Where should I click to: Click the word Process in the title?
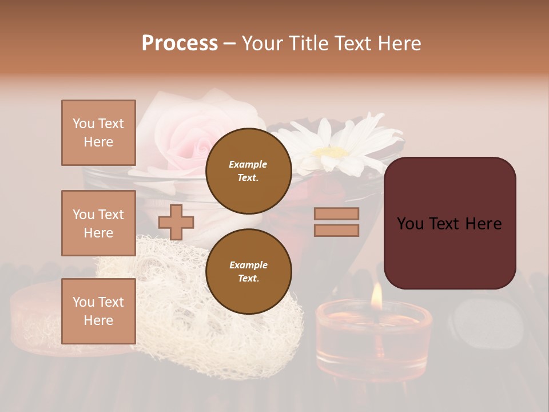(180, 43)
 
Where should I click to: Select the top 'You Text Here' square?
(98, 133)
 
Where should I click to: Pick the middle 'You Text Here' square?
(98, 223)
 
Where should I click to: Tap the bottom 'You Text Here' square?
(98, 311)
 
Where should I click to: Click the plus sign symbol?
(176, 222)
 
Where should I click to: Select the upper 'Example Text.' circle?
(248, 171)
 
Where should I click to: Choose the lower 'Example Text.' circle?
(248, 271)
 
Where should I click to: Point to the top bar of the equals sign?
(336, 214)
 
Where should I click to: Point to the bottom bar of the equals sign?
(336, 230)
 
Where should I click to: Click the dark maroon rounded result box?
(449, 223)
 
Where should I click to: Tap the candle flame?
(376, 295)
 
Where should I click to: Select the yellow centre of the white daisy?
(332, 153)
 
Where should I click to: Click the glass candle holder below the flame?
(373, 338)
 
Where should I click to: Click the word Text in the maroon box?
(450, 224)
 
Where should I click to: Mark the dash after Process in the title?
(229, 43)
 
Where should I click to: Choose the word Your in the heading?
(261, 43)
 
